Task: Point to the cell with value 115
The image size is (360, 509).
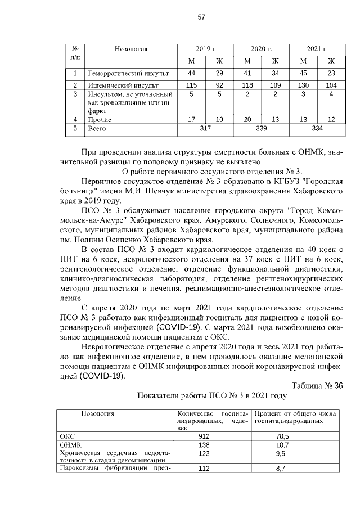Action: (191, 85)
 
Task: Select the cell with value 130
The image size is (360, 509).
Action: (303, 85)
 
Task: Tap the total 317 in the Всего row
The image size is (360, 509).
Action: (205, 129)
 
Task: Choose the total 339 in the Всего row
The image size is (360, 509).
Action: (261, 129)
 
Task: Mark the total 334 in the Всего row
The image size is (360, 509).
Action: (317, 129)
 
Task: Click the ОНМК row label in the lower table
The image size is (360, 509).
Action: (70, 444)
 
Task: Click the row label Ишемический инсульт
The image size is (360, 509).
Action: (112, 85)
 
